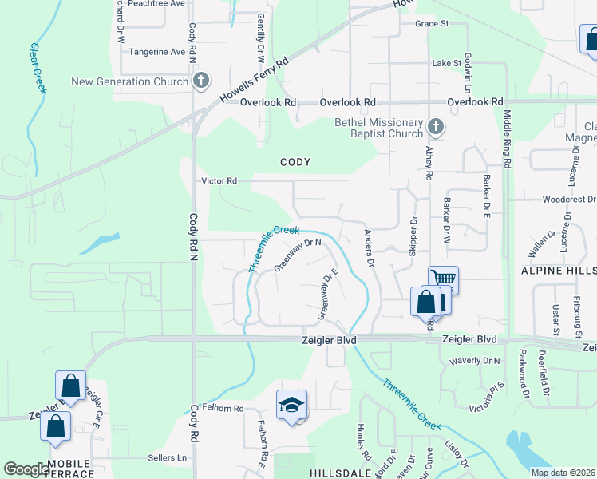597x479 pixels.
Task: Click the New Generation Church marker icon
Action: (201, 81)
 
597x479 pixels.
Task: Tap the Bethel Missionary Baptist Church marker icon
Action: (436, 127)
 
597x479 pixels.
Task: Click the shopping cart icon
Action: (443, 279)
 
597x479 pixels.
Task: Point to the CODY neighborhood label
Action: (295, 162)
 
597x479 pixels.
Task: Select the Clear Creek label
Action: (37, 69)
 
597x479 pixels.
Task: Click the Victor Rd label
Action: (219, 181)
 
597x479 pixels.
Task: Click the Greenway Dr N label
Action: (297, 255)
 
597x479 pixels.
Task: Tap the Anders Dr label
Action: (370, 247)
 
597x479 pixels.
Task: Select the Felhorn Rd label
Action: (223, 409)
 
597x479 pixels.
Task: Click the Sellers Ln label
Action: (167, 458)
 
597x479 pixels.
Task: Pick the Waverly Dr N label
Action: (474, 361)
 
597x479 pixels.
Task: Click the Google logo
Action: (26, 469)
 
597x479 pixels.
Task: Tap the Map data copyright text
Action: (562, 473)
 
